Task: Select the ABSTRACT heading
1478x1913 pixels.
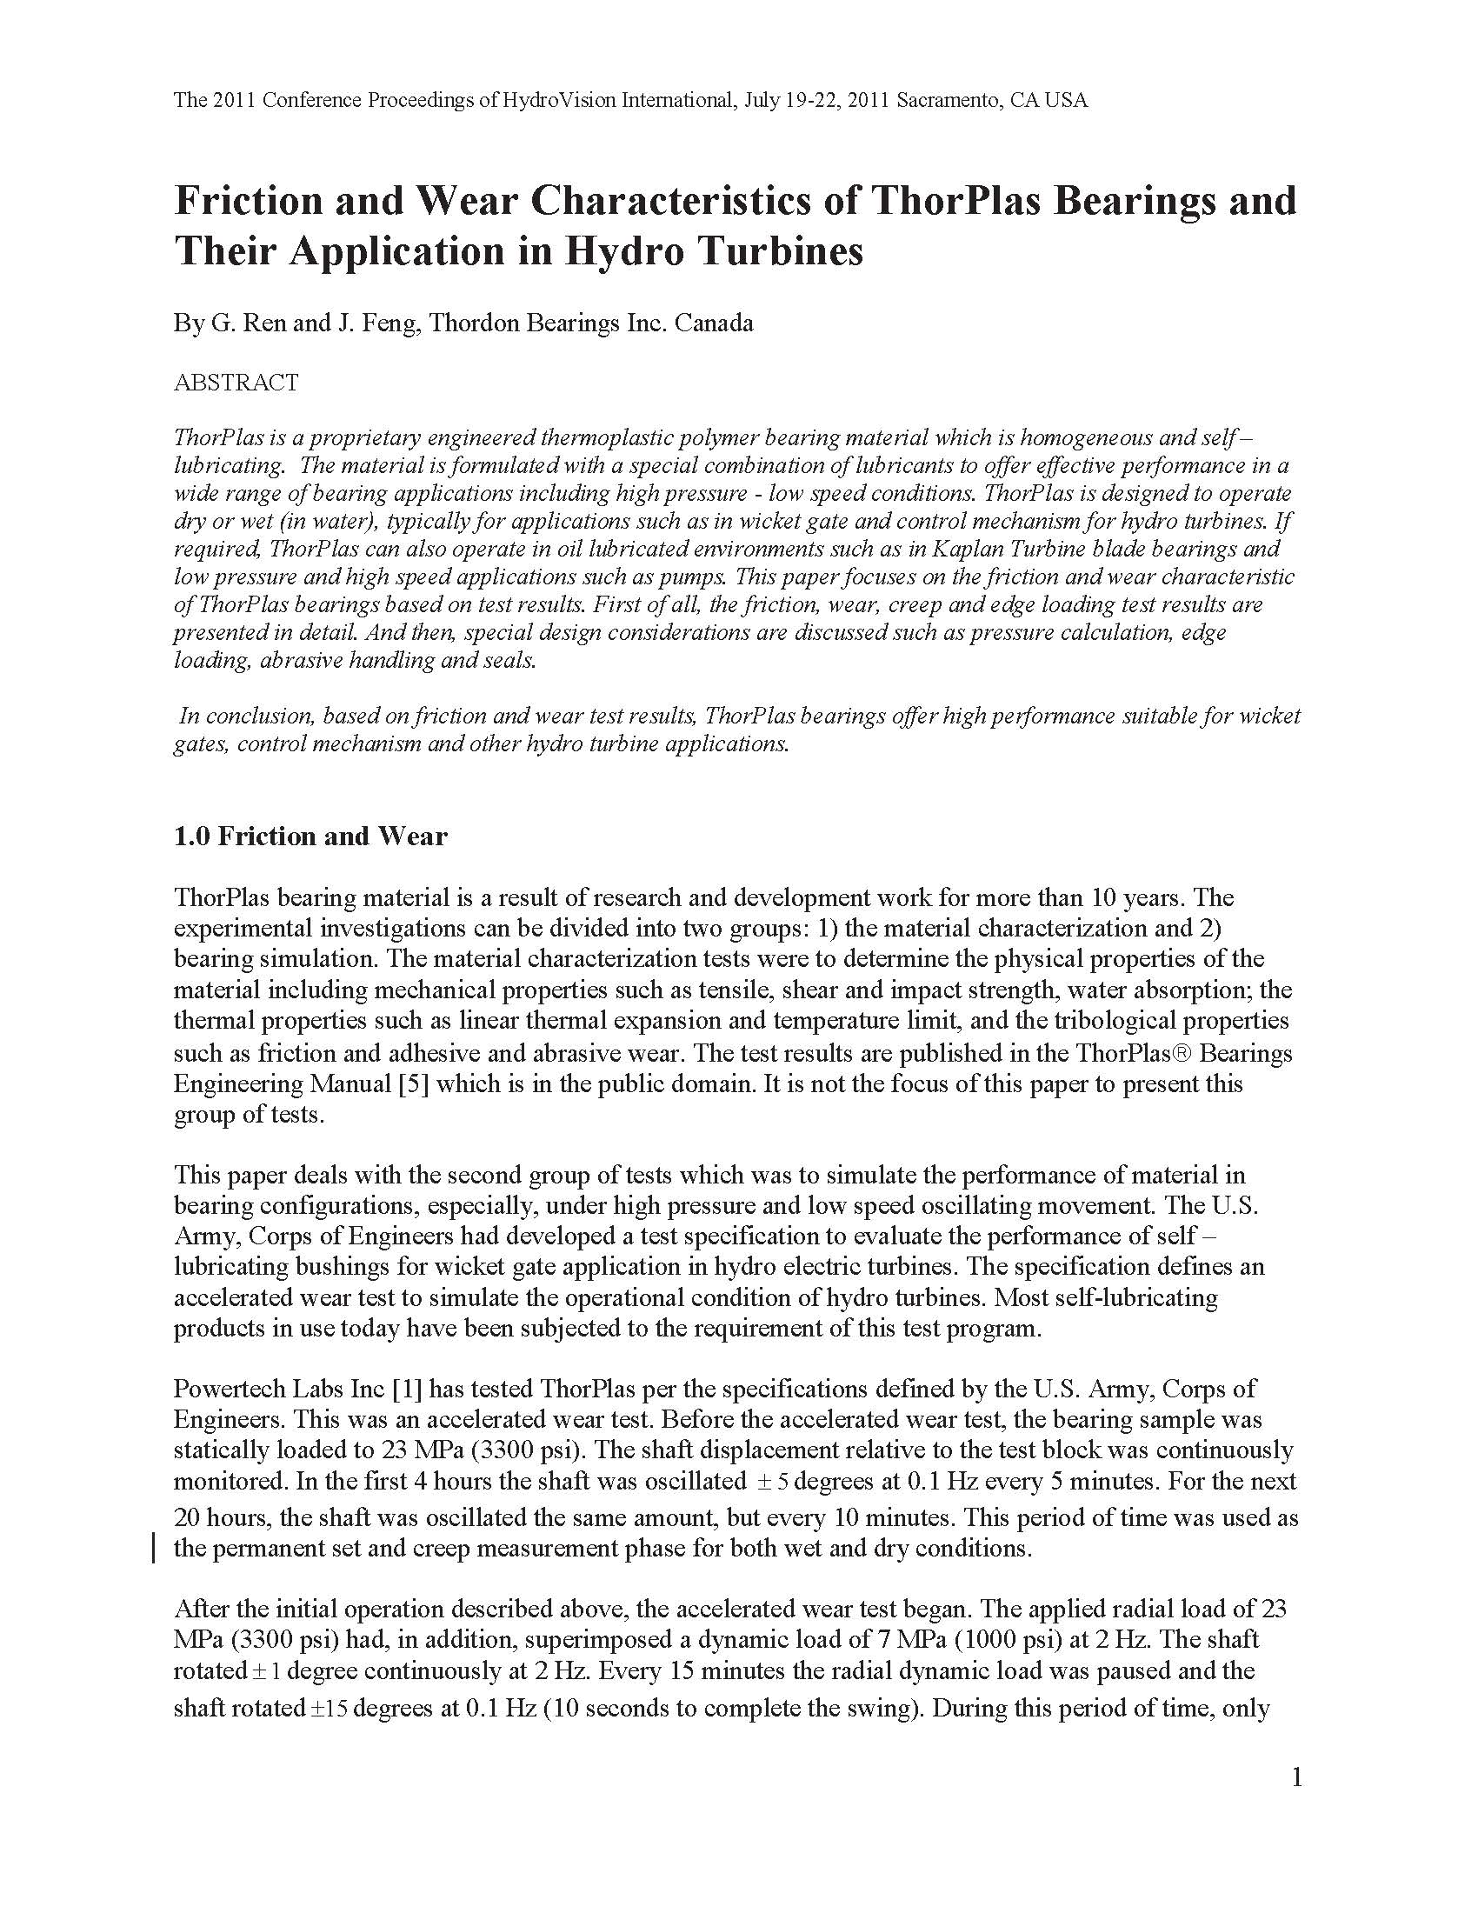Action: pyautogui.click(x=236, y=383)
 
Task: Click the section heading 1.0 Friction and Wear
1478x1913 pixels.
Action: pyautogui.click(x=310, y=837)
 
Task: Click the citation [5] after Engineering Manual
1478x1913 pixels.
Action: pyautogui.click(x=412, y=1083)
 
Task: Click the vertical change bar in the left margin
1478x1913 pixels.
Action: pyautogui.click(x=155, y=1549)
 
